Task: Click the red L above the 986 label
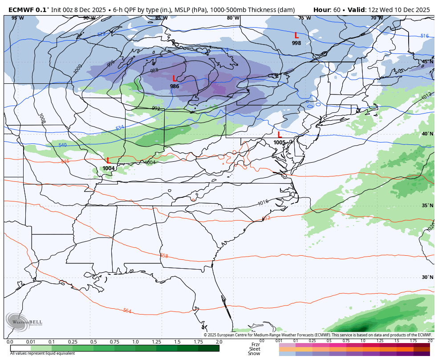pos(174,79)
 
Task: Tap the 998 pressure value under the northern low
pos(296,43)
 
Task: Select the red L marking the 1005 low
pos(280,135)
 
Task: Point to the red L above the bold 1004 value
pos(108,160)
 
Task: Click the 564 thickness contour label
pos(127,311)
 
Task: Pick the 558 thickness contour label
pos(164,256)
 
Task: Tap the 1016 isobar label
pos(263,203)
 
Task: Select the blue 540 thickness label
pos(63,145)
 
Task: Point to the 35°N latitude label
pos(427,205)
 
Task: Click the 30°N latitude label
pos(427,277)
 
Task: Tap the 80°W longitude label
pos(233,18)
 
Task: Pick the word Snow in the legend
pos(254,353)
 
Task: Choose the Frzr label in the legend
pos(255,344)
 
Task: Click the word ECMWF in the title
pos(21,9)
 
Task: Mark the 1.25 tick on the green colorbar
pos(156,342)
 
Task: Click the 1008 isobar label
pos(42,118)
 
